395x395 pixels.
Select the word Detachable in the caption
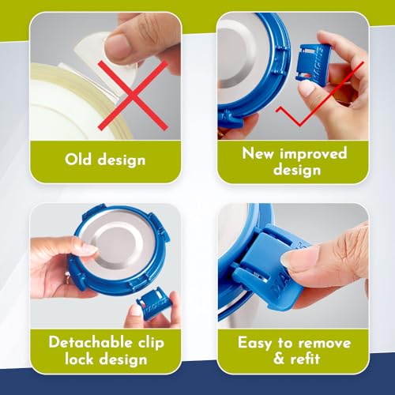pyautogui.click(x=90, y=342)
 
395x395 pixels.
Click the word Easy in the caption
pyautogui.click(x=254, y=344)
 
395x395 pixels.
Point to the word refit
pyautogui.click(x=305, y=359)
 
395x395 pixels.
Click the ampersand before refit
pyautogui.click(x=279, y=359)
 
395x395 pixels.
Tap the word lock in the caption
pyautogui.click(x=79, y=359)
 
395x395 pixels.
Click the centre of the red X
pyautogui.click(x=133, y=96)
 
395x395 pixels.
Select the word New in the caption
pyautogui.click(x=258, y=153)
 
